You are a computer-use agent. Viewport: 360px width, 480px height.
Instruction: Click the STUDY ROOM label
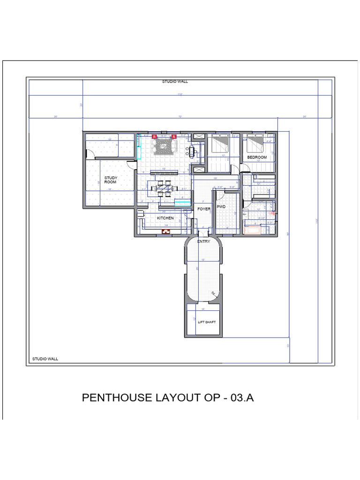pos(111,180)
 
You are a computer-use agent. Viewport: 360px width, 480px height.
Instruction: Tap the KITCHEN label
pos(165,218)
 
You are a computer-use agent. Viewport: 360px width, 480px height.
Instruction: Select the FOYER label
pos(203,209)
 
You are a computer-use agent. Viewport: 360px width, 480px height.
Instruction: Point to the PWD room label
pos(221,206)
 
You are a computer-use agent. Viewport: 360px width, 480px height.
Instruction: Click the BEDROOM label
pos(257,157)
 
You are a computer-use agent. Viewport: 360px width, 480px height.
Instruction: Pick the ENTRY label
pos(203,241)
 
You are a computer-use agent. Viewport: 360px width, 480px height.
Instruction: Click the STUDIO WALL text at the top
pos(175,82)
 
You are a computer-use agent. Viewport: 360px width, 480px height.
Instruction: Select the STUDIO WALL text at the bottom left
pos(45,359)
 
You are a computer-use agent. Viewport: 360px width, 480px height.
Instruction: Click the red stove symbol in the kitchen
pos(165,231)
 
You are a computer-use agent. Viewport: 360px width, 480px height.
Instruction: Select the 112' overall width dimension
pos(180,95)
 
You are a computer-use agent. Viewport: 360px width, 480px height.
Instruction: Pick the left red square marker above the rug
pos(153,136)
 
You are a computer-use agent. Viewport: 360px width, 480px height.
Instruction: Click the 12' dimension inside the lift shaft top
pos(203,309)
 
